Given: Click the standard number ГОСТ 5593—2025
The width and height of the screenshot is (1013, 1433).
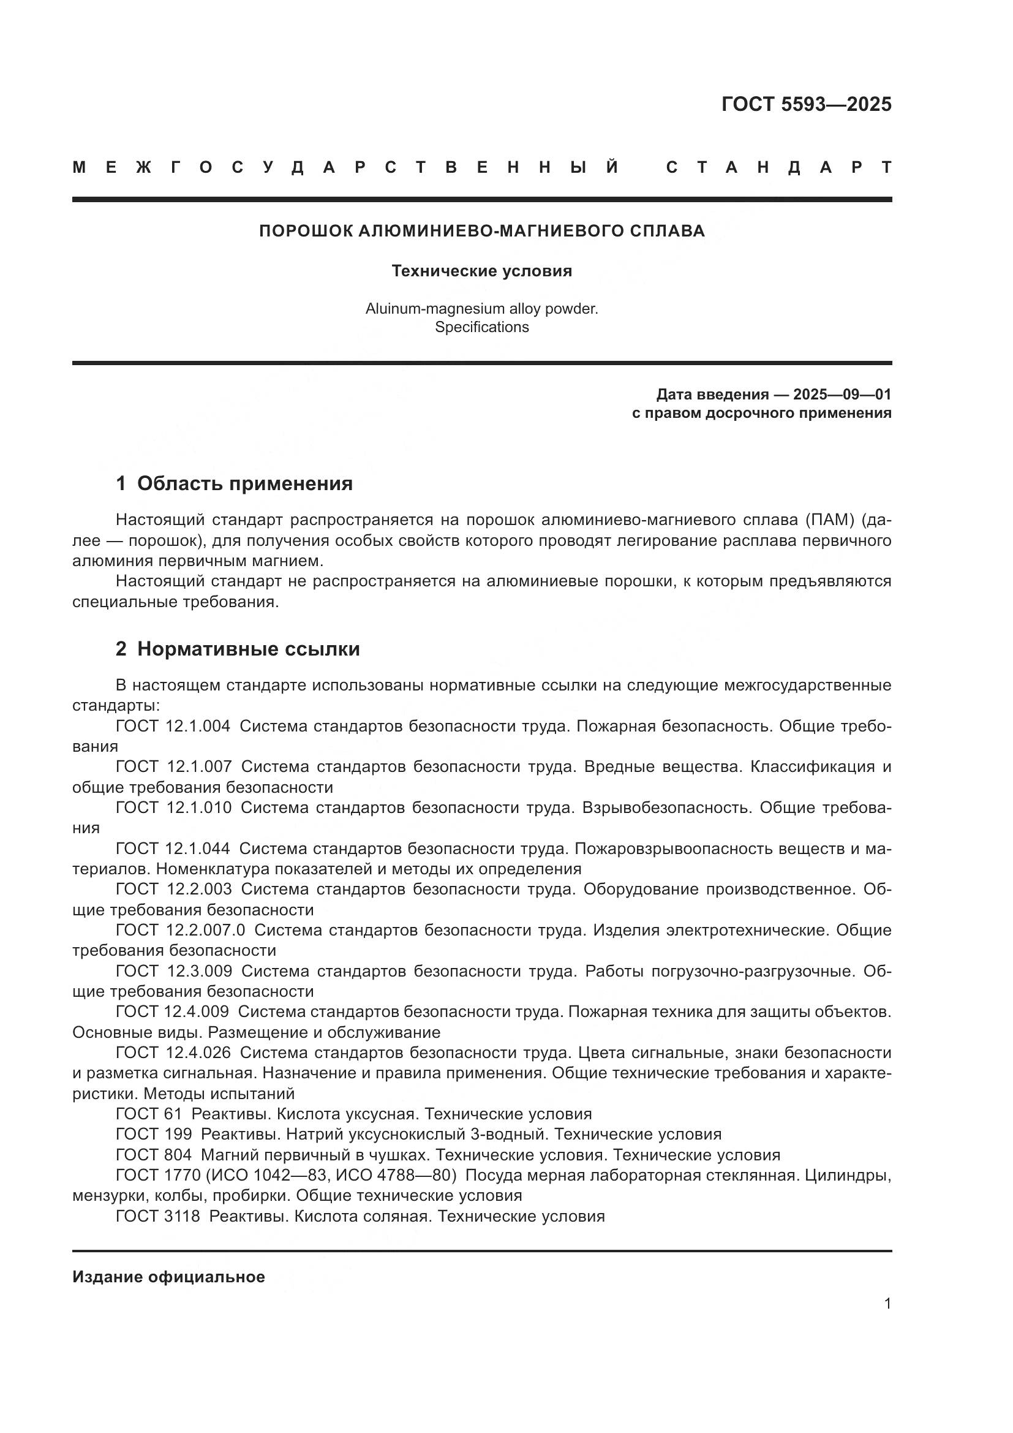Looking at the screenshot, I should tap(806, 104).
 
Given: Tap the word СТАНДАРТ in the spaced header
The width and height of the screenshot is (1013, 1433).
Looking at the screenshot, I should tap(778, 167).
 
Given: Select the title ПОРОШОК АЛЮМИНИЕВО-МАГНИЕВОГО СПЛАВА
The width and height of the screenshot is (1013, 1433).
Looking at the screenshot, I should tap(481, 231).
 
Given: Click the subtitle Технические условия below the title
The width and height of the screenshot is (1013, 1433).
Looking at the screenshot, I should tap(481, 271).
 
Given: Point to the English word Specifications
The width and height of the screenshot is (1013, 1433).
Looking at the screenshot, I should tap(481, 327).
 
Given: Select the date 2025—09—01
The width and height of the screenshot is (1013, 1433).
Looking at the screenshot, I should tap(842, 395).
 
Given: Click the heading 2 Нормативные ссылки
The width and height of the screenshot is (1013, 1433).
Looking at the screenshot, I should tap(238, 649).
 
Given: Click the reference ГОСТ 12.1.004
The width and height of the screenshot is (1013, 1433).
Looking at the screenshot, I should tap(173, 726).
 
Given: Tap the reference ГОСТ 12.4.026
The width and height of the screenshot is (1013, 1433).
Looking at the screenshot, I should tap(173, 1053).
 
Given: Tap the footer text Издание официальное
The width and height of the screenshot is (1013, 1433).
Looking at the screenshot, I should tap(168, 1277).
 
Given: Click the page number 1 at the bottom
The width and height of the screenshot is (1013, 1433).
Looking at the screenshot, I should tap(887, 1303).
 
